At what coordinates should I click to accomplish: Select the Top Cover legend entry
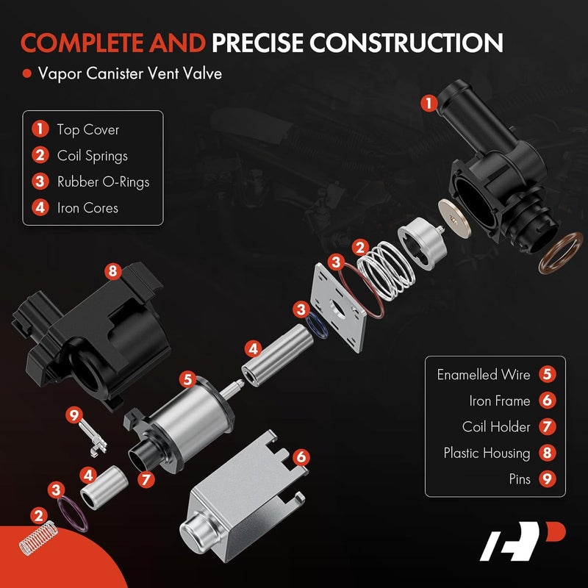[x=87, y=130]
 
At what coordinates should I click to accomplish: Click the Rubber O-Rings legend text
[x=103, y=182]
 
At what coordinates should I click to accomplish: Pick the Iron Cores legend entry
[x=87, y=207]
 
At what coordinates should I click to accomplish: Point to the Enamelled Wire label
[x=483, y=375]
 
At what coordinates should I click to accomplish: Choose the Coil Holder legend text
[x=496, y=426]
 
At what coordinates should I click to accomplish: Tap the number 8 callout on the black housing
[x=112, y=271]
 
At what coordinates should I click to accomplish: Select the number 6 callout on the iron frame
[x=299, y=457]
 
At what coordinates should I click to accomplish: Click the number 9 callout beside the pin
[x=73, y=415]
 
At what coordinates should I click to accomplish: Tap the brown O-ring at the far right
[x=561, y=254]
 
